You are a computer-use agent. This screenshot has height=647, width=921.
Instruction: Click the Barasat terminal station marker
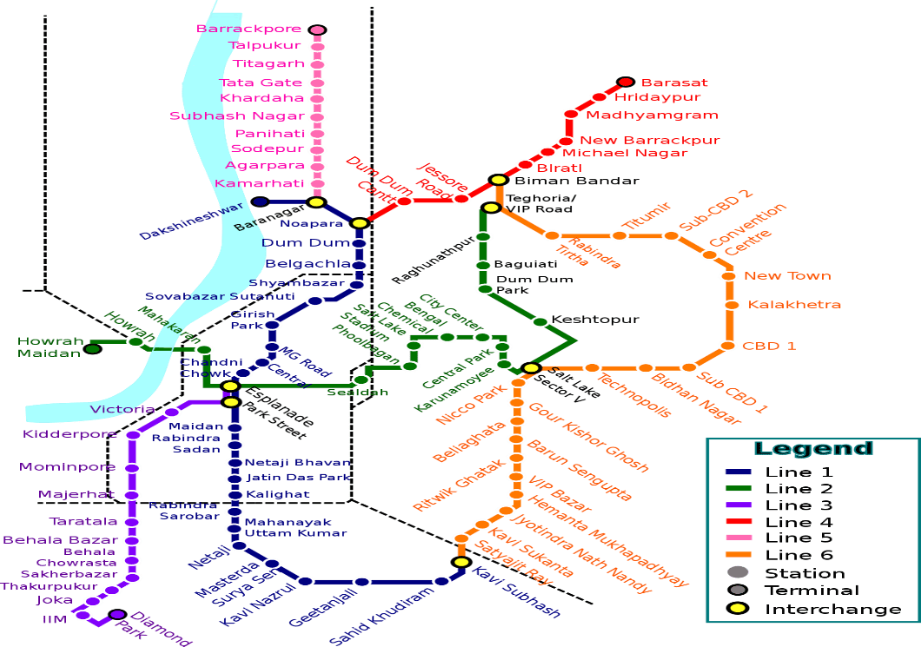coord(626,83)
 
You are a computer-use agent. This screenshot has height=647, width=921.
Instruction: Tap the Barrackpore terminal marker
coord(318,30)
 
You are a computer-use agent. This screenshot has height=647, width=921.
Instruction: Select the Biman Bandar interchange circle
coord(498,180)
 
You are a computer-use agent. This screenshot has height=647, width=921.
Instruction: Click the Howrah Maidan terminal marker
coord(93,349)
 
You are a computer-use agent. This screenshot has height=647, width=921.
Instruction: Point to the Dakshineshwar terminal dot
coord(259,201)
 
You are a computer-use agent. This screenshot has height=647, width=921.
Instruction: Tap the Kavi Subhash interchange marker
coord(460,563)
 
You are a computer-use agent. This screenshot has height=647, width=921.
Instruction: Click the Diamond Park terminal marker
coord(117,615)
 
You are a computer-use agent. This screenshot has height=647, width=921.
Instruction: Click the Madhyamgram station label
coord(652,115)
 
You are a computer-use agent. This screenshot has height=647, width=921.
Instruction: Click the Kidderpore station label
coord(70,433)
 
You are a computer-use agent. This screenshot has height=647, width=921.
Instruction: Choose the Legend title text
coord(813,449)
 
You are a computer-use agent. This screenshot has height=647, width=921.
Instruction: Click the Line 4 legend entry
coord(799,522)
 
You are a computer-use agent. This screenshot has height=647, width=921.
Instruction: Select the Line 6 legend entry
coord(799,555)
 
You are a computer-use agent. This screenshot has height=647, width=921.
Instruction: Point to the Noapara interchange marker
coord(359,223)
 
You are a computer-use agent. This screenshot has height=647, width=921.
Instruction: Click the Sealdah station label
coord(357,393)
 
